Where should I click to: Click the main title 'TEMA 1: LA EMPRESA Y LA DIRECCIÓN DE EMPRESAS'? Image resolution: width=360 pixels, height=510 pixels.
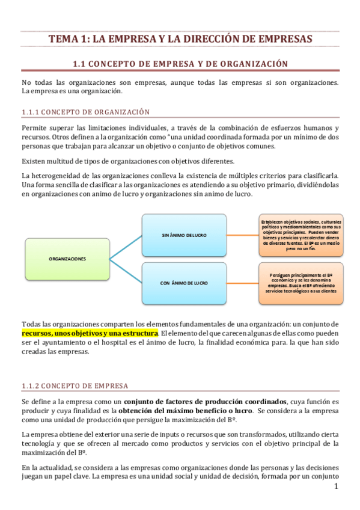[x=180, y=39]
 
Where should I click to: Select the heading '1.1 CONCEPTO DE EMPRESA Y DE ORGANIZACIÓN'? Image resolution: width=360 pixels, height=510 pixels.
[x=180, y=63]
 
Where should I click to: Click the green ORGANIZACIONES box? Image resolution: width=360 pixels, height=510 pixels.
[x=67, y=259]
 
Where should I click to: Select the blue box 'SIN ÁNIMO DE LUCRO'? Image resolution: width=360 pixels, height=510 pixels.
[x=185, y=234]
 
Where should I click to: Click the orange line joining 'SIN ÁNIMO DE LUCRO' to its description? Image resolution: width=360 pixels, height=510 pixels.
[x=243, y=234]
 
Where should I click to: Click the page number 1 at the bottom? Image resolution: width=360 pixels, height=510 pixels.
[x=337, y=485]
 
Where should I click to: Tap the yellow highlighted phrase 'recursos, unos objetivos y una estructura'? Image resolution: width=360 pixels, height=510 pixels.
[x=90, y=333]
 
